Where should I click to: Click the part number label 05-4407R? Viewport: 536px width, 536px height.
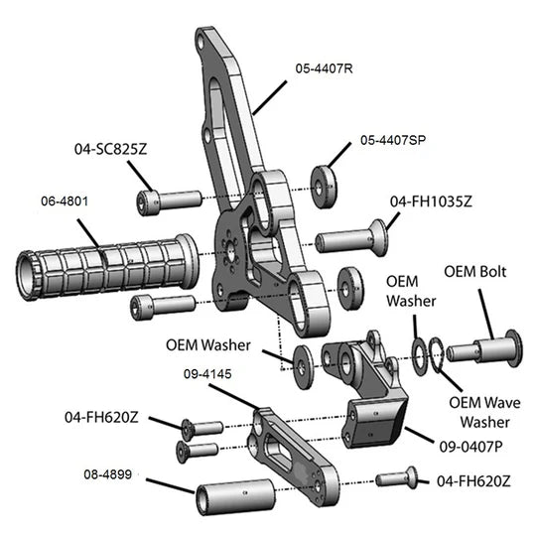click(x=324, y=68)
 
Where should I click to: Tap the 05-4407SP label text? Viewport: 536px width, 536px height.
click(x=393, y=140)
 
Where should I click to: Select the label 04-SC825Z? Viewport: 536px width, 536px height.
click(x=111, y=149)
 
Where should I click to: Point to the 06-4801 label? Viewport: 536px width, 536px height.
click(x=65, y=201)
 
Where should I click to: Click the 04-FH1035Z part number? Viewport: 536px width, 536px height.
click(x=431, y=201)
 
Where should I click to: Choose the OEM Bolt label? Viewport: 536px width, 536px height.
click(x=475, y=272)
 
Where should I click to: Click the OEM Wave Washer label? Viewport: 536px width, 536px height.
click(x=484, y=412)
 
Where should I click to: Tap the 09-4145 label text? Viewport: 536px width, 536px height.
click(x=207, y=374)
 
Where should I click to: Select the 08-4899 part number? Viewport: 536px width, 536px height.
click(x=107, y=474)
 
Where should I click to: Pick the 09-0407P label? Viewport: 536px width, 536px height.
click(x=471, y=447)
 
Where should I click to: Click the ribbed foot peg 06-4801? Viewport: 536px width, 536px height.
click(x=107, y=267)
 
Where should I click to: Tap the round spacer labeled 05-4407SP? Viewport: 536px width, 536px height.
click(x=324, y=187)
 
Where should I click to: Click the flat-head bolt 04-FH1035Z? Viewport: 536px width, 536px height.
click(x=352, y=238)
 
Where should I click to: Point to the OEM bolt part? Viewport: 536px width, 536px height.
click(x=484, y=348)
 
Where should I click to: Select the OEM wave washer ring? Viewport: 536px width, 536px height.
click(x=437, y=355)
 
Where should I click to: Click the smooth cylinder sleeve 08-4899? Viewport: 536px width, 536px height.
click(x=236, y=496)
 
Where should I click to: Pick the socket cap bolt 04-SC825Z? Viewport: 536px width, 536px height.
click(x=169, y=202)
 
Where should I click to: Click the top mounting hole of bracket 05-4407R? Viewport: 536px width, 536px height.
click(x=201, y=43)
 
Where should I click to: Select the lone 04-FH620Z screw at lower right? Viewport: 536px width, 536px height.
click(x=396, y=478)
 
